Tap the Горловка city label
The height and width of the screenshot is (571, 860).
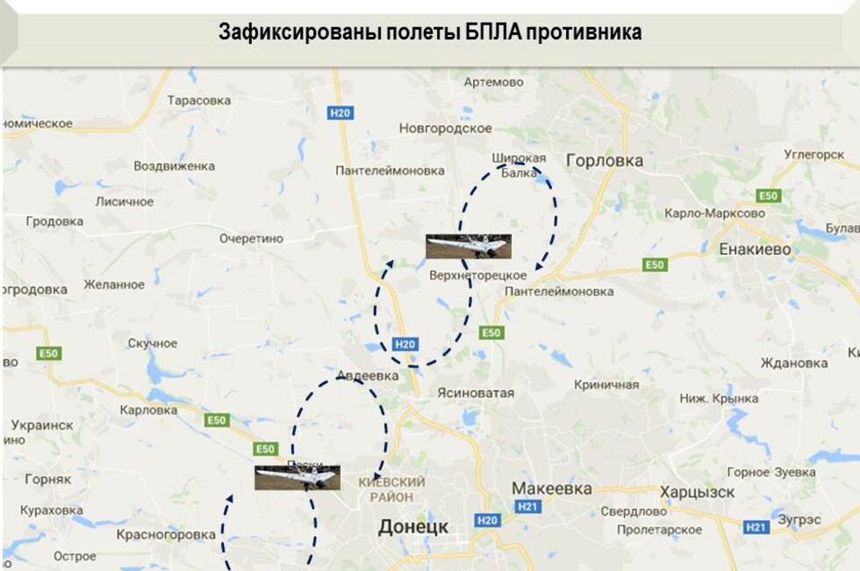(605, 161)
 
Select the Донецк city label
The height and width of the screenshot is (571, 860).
(413, 527)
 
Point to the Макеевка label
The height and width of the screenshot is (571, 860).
(551, 488)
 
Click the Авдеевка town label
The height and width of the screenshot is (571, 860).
(367, 376)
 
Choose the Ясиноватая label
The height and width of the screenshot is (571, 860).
(476, 393)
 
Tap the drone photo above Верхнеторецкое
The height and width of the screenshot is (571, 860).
(468, 246)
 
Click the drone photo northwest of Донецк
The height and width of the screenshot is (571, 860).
(297, 477)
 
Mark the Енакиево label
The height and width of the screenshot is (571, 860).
(755, 249)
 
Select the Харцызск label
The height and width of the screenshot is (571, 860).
(698, 492)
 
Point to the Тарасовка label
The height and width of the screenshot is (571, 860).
(199, 100)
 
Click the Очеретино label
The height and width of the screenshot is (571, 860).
(252, 238)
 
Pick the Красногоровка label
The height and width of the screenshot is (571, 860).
(166, 534)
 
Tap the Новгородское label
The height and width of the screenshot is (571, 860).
(446, 128)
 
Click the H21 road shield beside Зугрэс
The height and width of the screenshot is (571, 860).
(756, 527)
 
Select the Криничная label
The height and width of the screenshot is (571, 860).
(606, 385)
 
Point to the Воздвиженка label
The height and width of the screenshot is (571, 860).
(174, 166)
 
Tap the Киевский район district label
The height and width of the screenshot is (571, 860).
(392, 489)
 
